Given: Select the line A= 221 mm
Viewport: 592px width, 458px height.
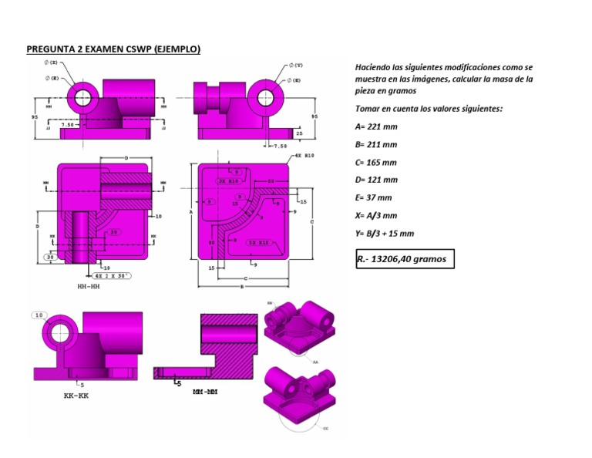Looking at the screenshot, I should (376, 126).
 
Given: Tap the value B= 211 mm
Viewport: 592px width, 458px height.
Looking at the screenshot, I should (376, 144).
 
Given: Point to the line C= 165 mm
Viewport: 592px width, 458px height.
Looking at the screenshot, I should (376, 162).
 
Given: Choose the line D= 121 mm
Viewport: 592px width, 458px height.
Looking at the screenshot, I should (376, 180).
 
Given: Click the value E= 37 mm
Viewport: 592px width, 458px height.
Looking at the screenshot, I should (374, 197).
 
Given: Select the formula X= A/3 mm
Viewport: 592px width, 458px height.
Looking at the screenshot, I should (376, 216).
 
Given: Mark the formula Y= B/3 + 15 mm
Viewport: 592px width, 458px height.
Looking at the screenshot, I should (384, 234).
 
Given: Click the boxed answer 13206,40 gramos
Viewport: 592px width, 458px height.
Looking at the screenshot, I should (405, 260).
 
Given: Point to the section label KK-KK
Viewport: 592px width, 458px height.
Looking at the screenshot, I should (76, 395).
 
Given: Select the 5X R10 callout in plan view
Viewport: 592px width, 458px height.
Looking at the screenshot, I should (257, 242).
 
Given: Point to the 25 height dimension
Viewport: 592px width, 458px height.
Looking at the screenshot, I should (299, 133).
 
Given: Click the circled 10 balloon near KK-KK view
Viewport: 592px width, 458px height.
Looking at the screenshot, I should (39, 315).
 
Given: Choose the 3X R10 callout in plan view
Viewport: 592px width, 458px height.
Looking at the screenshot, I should (228, 180).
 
